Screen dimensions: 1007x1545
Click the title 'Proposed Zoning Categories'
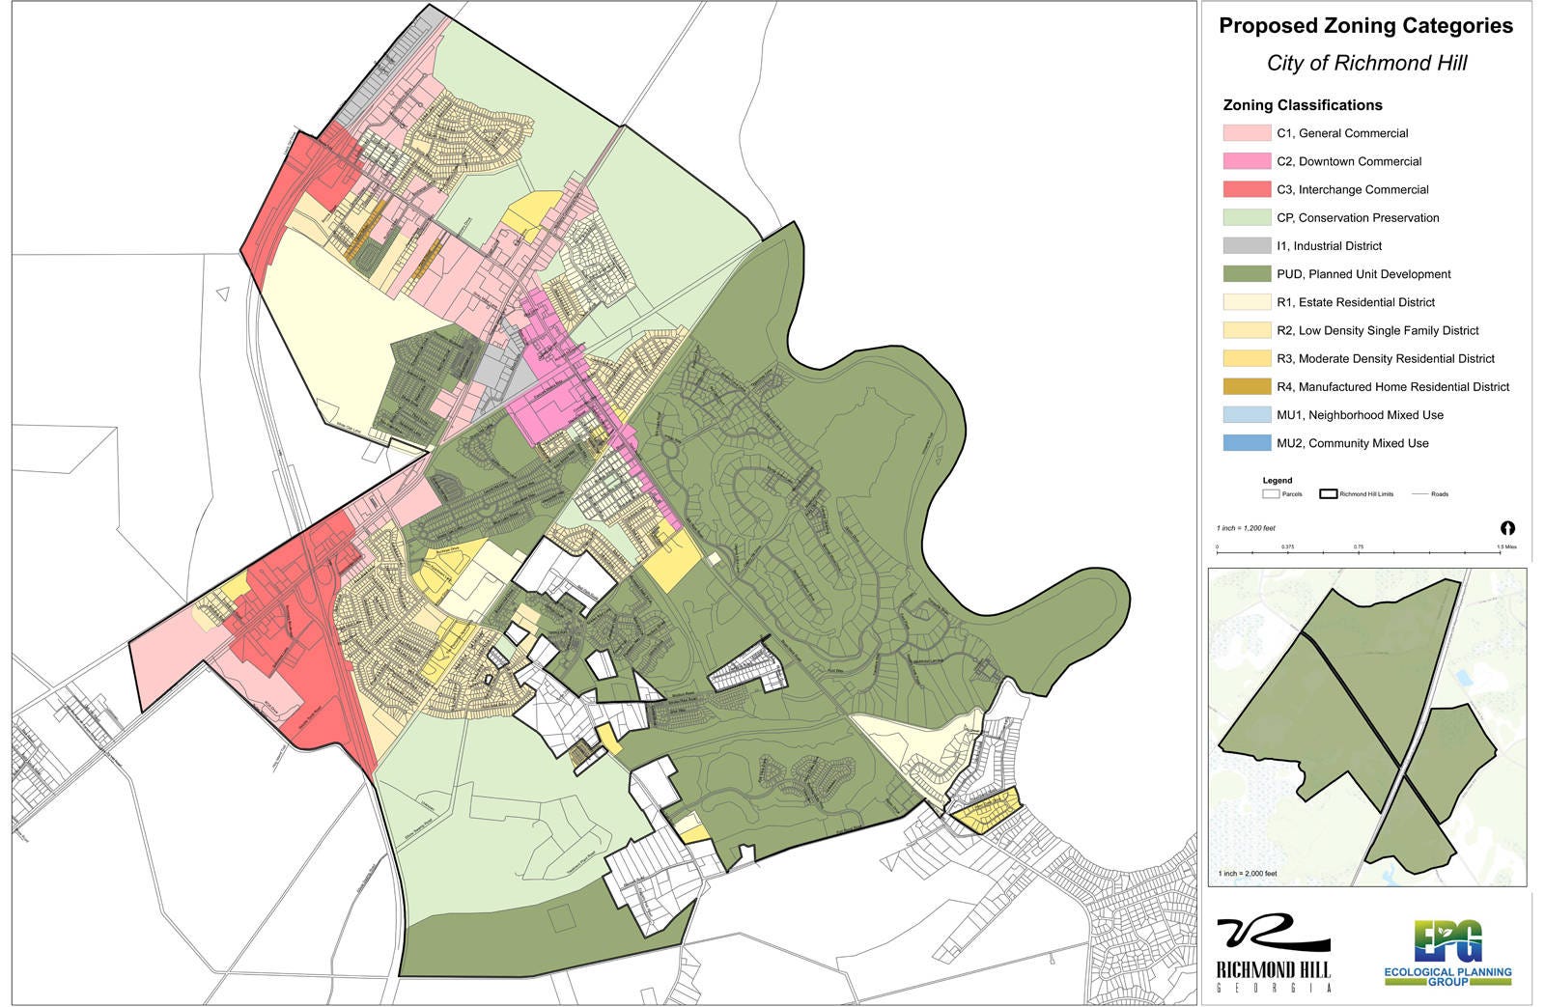[x=1365, y=27]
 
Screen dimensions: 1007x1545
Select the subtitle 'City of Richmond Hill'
[x=1366, y=64]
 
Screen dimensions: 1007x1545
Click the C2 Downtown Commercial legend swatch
[x=1247, y=161]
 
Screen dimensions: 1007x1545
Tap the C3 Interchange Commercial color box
[x=1247, y=189]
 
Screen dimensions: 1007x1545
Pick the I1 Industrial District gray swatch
[x=1247, y=246]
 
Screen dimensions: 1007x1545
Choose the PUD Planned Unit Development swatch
[x=1247, y=274]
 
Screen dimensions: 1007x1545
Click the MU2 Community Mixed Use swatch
[x=1247, y=443]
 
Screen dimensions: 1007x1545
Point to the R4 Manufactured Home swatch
[x=1247, y=387]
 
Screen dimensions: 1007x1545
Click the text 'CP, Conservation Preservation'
[x=1357, y=218]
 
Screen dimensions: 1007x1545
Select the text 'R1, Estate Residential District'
[x=1355, y=302]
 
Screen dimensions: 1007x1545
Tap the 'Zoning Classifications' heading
[x=1302, y=105]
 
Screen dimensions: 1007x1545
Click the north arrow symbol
[x=1508, y=528]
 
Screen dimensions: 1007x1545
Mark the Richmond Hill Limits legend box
[x=1328, y=493]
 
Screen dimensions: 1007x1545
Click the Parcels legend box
[x=1270, y=493]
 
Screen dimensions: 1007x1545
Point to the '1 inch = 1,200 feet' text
[x=1246, y=528]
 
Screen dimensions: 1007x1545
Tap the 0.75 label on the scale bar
[x=1359, y=546]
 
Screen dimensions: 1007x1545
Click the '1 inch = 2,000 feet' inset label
[x=1248, y=873]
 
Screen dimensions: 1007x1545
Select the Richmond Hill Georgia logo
[x=1273, y=954]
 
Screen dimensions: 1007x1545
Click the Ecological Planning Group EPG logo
[x=1447, y=954]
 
